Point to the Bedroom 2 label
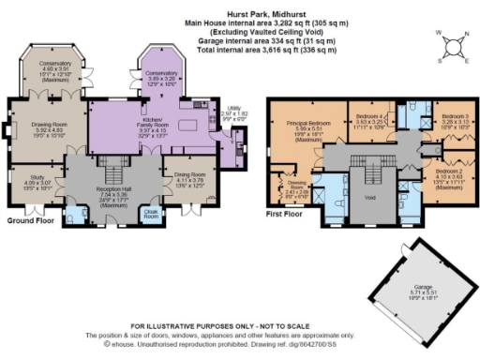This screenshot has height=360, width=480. coord(451,172)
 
